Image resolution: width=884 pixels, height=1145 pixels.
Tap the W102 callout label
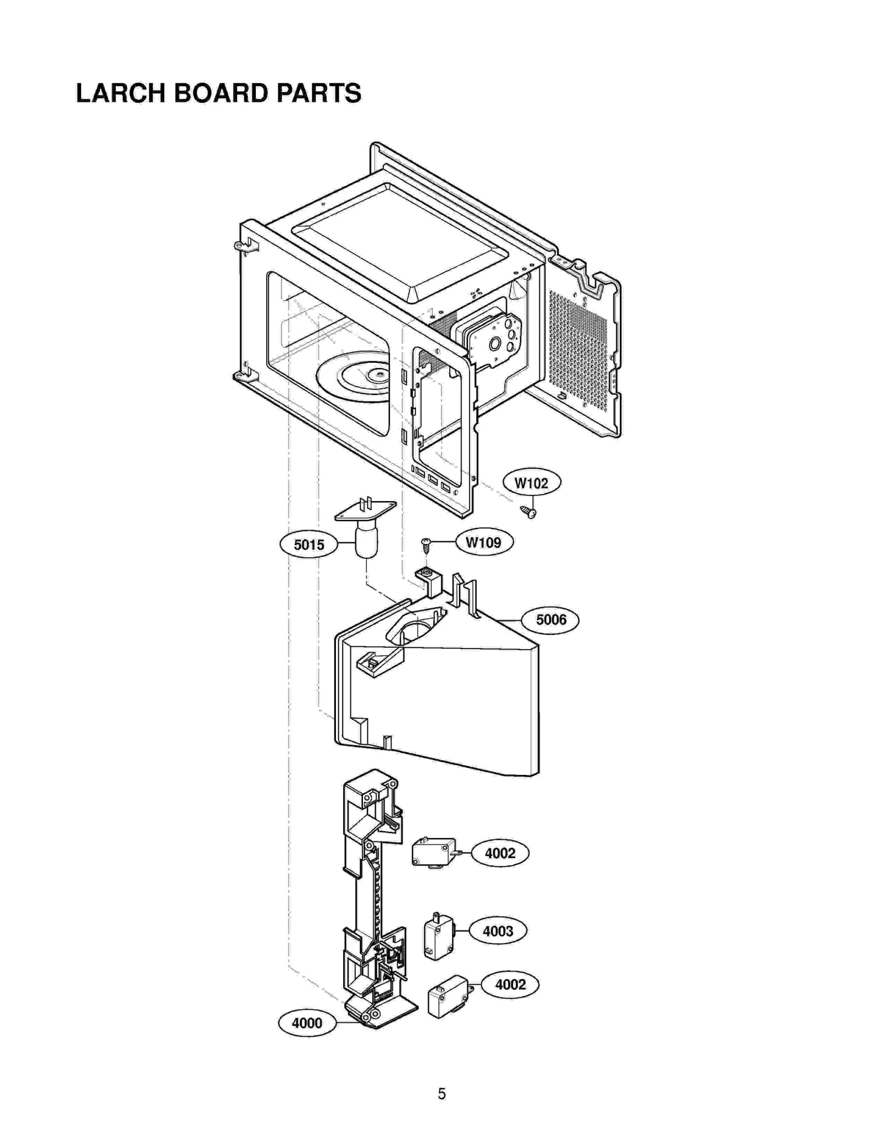coord(531,483)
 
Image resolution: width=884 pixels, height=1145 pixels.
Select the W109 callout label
coord(483,542)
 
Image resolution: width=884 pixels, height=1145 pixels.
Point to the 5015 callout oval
coord(309,545)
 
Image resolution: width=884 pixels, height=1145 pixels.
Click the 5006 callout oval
coord(551,620)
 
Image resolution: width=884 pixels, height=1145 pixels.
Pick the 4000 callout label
coord(307,1023)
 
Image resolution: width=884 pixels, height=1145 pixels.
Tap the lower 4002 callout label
coord(510,984)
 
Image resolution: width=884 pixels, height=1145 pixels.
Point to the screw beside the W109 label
coord(426,545)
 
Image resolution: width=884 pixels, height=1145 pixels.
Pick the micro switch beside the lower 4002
coord(447,996)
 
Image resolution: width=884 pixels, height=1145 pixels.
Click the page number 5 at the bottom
coord(441,1094)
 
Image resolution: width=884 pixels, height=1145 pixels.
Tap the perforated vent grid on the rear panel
coord(577,348)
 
